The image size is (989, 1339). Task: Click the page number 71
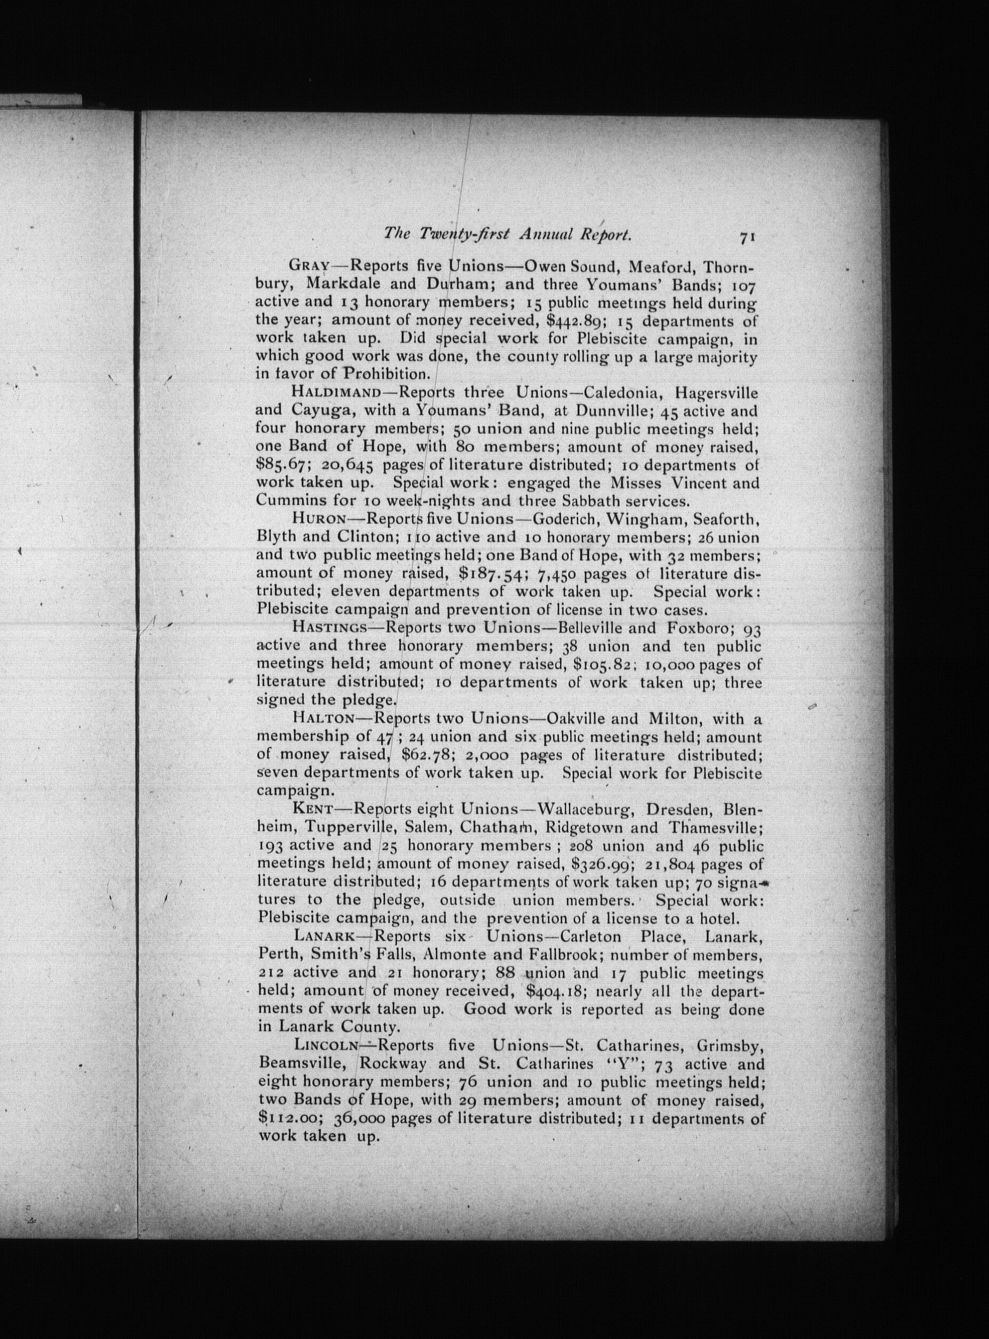tap(747, 237)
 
